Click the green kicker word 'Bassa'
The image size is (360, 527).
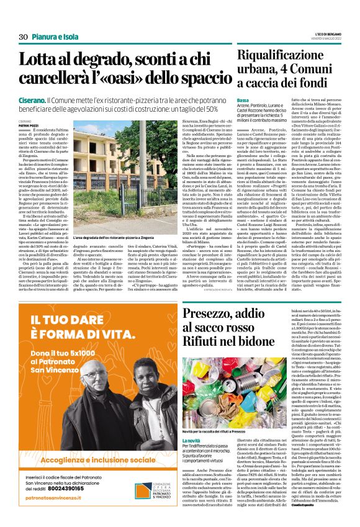pyautogui.click(x=243, y=101)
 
